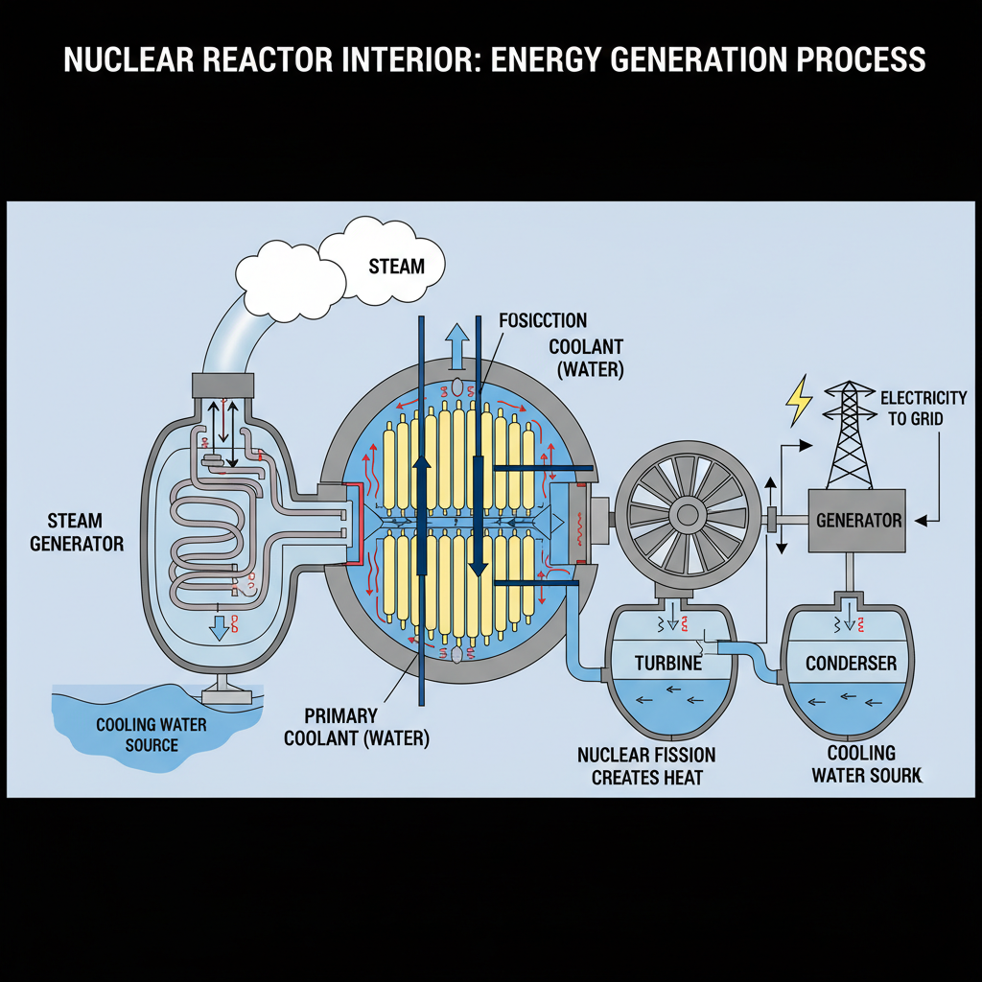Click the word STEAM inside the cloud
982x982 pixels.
(x=396, y=265)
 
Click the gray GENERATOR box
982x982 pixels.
(x=857, y=520)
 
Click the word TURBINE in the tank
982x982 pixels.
(x=668, y=663)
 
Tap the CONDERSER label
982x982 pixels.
(x=851, y=663)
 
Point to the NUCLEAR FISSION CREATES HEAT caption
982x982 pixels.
(x=646, y=765)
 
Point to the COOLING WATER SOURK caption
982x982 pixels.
(x=867, y=763)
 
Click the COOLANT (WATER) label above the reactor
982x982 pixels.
(x=586, y=357)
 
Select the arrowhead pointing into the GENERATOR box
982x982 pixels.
(x=920, y=521)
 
